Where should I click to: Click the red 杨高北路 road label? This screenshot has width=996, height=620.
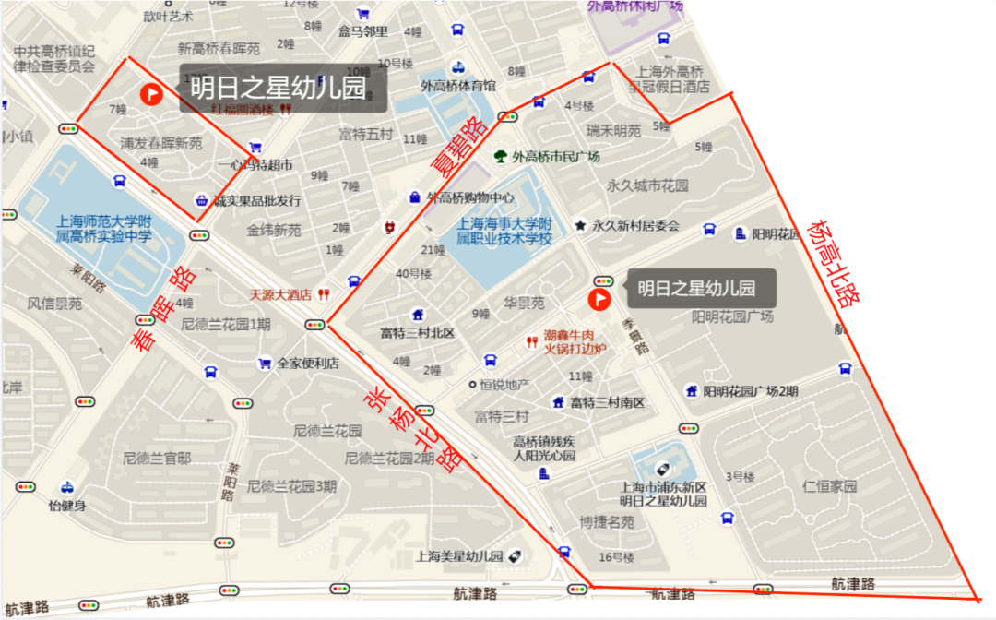coord(834,264)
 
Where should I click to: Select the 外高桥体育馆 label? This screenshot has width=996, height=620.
coord(458,86)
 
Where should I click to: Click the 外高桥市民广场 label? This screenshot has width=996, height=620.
coord(556,156)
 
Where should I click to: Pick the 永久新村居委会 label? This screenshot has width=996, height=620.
coord(635,225)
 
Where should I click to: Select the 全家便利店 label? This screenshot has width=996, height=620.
coord(308,363)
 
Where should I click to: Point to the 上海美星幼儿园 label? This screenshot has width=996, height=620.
coord(458,556)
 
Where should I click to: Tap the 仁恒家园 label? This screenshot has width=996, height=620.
coord(830,486)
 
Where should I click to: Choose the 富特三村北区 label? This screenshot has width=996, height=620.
coord(418,332)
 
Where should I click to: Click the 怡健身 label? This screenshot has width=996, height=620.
coord(67,506)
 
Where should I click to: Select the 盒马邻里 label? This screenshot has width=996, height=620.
coord(362,31)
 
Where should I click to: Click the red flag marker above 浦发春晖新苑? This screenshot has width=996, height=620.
coord(150,93)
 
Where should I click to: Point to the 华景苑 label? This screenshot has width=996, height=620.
coord(524,302)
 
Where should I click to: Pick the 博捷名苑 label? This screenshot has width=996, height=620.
coord(607,522)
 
